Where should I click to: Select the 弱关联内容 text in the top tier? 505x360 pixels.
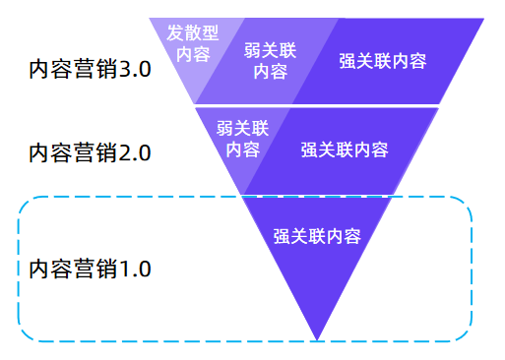270,60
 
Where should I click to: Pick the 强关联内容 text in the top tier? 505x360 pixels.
382,61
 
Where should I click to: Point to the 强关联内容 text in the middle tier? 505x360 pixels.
345,150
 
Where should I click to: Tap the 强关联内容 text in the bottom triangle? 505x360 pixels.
316,236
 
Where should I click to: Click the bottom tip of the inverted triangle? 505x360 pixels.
317,339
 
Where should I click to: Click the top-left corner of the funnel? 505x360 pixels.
151,20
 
